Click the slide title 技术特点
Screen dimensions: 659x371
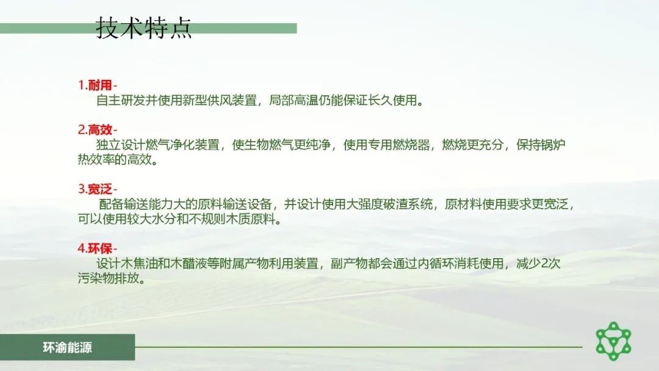(144, 27)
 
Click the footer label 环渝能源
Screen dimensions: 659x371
(67, 347)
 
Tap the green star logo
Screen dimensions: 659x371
(614, 341)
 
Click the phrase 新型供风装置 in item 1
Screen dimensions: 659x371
(220, 101)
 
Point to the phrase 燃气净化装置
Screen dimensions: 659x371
(182, 145)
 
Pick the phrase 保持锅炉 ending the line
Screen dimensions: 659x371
(541, 145)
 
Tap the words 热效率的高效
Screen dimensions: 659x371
(115, 160)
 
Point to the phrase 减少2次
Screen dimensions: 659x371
(538, 264)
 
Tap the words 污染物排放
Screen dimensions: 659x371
(109, 278)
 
